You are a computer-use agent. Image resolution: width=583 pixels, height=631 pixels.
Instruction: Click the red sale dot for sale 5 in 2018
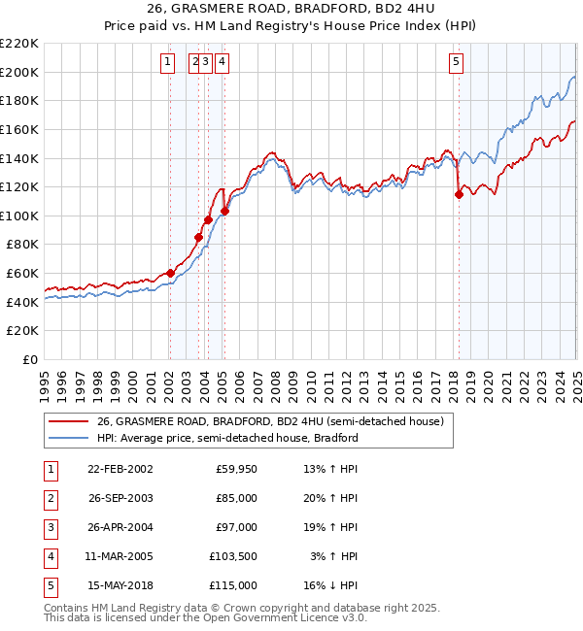click(x=459, y=194)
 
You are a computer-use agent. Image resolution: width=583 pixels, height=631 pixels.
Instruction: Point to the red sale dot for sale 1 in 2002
click(x=170, y=273)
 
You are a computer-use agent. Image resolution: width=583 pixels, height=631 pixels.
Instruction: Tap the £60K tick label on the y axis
click(x=22, y=274)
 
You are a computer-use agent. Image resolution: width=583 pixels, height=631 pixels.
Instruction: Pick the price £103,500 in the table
click(x=233, y=557)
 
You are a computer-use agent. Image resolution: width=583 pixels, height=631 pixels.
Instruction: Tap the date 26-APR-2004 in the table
click(x=120, y=528)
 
